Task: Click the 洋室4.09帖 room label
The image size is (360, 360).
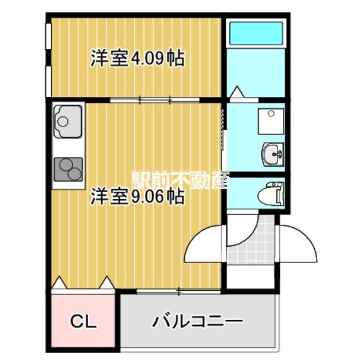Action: pos(137,59)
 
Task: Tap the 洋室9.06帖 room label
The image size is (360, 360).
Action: pos(137,196)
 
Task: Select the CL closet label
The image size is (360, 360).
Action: pos(82,323)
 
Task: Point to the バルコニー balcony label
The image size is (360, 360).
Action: pos(197,322)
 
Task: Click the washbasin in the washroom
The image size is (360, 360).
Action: pos(273,153)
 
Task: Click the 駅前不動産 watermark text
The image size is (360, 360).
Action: pos(181,180)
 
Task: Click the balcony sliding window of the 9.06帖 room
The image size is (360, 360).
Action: pos(178,290)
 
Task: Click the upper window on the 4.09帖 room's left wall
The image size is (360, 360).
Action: pos(48,35)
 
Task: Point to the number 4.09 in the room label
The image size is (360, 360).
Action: pos(148,59)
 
